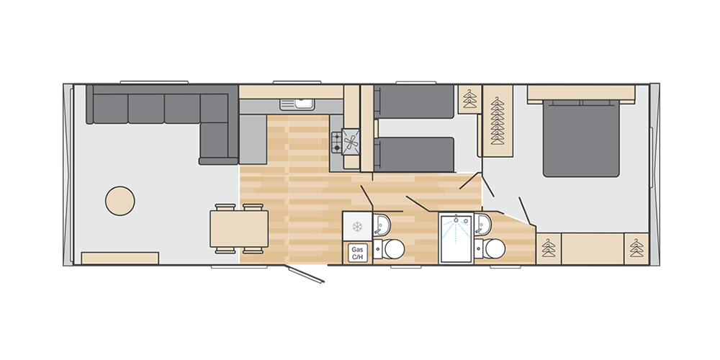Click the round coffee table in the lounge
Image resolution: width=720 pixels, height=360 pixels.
coord(120,201)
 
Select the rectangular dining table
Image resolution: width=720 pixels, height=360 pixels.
coord(239,229)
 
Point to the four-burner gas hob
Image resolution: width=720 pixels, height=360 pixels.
coord(337,142)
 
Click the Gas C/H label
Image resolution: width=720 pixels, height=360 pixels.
coord(357,253)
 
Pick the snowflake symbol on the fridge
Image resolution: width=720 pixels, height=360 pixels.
coord(357,226)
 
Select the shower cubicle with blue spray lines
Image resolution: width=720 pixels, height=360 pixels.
coord(456,238)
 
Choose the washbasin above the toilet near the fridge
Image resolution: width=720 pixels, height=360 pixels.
coord(381,224)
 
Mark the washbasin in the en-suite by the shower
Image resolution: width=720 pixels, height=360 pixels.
coord(483,224)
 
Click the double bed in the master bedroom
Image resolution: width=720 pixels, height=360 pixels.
coord(581,138)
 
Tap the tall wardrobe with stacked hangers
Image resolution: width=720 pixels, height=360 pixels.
coord(498,121)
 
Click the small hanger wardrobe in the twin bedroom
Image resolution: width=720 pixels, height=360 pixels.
coord(469,99)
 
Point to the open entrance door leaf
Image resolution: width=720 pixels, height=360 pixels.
coord(305,274)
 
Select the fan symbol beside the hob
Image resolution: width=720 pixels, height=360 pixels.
coord(350,143)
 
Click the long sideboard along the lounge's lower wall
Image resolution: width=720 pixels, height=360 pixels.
coord(120,258)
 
